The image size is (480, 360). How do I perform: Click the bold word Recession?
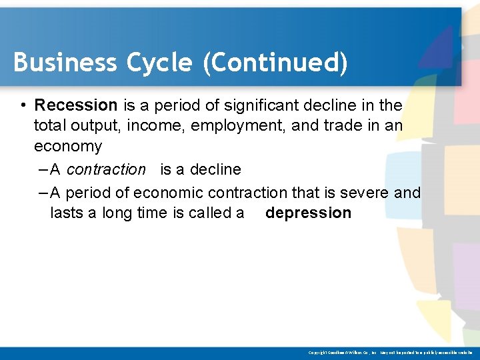(x=76, y=105)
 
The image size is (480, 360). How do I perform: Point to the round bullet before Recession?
(x=23, y=105)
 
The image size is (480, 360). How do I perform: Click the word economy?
(x=68, y=147)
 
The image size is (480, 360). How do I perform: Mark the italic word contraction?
(x=106, y=170)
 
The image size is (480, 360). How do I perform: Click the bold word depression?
(x=308, y=213)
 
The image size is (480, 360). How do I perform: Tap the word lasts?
(x=66, y=213)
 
